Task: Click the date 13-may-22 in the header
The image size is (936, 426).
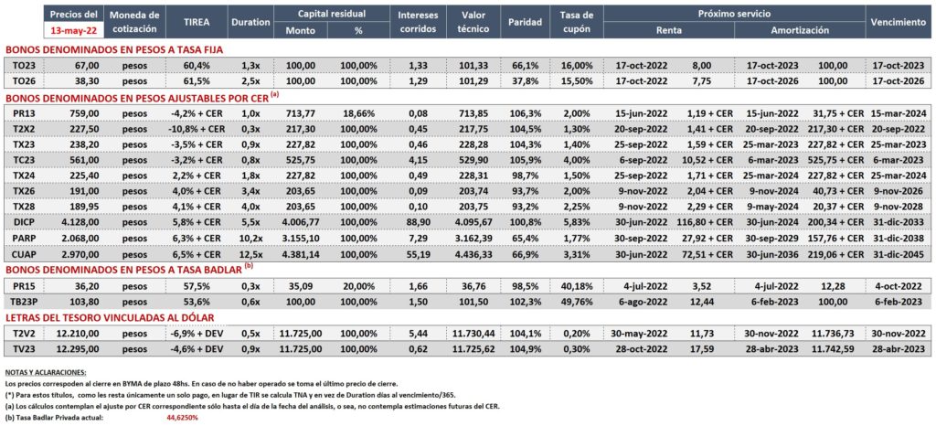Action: tap(74, 30)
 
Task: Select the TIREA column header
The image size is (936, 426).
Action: tap(196, 21)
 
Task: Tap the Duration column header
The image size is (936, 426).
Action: tap(250, 22)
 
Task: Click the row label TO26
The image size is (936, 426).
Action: tap(25, 80)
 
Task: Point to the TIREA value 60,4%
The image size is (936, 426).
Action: tap(196, 64)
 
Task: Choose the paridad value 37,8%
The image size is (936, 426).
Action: tap(524, 80)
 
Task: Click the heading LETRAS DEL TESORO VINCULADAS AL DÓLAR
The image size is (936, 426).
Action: tap(110, 317)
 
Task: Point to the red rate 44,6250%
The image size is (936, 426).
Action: tap(182, 418)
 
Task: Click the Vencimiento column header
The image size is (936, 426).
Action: tap(898, 22)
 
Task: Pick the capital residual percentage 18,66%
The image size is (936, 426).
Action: tap(358, 112)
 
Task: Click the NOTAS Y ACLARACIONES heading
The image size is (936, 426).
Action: tap(45, 372)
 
